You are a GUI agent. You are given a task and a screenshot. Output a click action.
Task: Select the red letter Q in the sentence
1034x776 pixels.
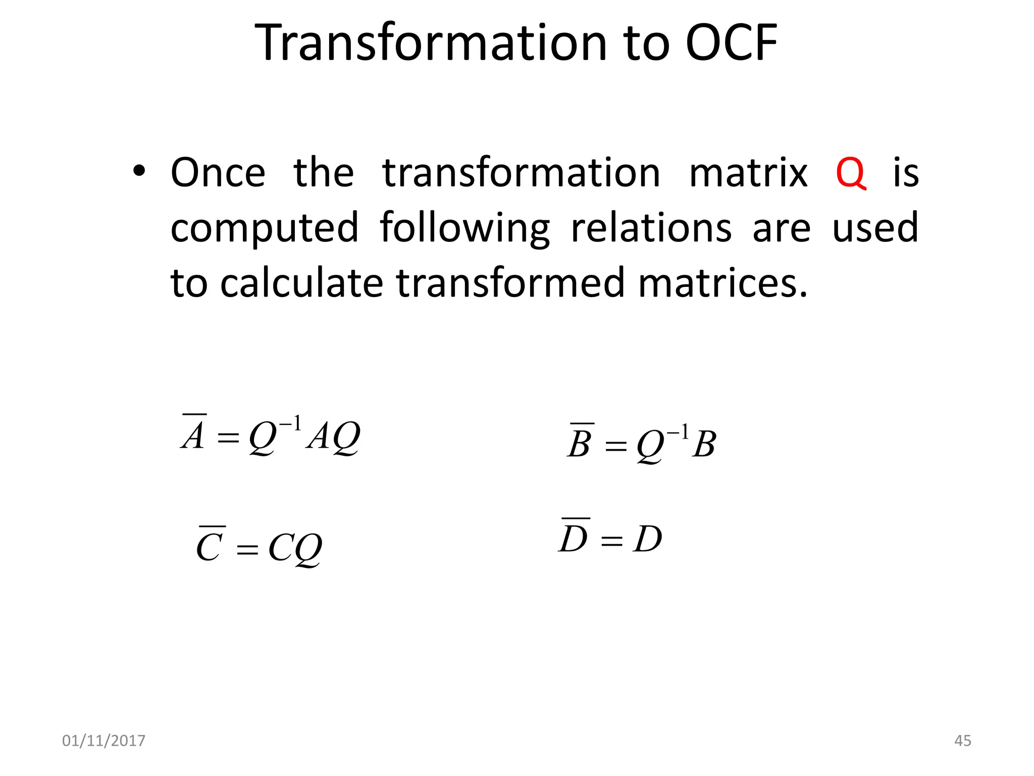point(851,173)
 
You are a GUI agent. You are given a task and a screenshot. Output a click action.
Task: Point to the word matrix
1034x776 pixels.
point(748,173)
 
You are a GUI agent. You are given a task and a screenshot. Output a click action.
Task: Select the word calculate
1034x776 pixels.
point(301,283)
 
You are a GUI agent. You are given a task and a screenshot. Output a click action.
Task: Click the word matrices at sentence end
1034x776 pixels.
point(722,283)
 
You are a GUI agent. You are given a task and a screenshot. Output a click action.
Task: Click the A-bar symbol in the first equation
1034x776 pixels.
point(193,433)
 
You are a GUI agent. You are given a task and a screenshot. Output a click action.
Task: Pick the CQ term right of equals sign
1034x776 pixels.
point(295,548)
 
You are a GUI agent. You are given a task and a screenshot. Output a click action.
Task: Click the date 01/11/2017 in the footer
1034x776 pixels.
point(104,741)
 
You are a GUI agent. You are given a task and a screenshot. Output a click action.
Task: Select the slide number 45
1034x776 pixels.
point(962,741)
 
